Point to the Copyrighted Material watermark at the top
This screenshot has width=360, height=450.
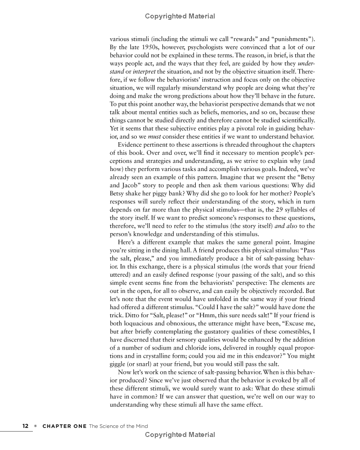(180, 16)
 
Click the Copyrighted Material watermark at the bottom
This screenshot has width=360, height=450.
(180, 435)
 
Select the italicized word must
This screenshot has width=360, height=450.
(155, 136)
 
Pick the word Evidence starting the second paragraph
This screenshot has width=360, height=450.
(131, 144)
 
